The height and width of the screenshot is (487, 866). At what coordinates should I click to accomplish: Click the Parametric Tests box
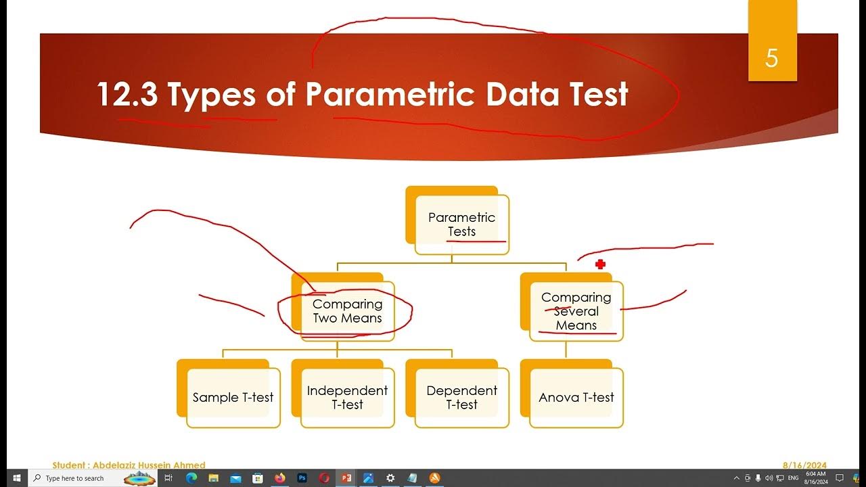point(461,225)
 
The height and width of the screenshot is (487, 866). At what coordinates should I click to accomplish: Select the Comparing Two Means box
point(347,311)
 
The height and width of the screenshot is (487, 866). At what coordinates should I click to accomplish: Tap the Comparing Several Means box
point(576,311)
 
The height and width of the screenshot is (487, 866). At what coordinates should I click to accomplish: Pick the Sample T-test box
point(233,398)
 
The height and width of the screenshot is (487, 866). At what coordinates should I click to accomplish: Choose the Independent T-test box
point(347,398)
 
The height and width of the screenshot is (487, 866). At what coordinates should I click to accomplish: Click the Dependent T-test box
point(461,398)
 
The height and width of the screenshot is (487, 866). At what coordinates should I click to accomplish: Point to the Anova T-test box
point(576,398)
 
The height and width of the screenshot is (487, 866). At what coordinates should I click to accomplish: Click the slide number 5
point(772,59)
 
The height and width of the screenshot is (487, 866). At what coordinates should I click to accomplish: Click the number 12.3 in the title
point(127,94)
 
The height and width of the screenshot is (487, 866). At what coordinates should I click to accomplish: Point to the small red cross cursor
point(600,264)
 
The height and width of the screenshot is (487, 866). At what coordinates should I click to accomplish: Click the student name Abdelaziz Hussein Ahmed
point(129,465)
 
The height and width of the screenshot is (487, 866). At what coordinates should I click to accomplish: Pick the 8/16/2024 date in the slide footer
point(804,465)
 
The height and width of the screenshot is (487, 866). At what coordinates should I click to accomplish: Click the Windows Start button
point(16,478)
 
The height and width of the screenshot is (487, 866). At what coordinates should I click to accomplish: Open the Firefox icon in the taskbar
point(280,478)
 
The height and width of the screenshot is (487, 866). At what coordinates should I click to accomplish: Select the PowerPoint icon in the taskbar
point(346,478)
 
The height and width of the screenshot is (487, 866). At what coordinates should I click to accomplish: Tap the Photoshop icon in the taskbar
point(302,478)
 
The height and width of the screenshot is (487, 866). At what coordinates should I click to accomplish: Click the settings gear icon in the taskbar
point(390,478)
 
